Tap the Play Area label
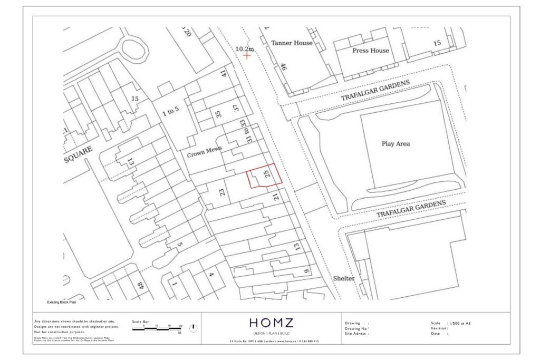click(396, 143)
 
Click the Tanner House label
click(292, 43)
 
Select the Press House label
click(371, 51)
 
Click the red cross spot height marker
click(246, 55)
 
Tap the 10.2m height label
click(244, 49)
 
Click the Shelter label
click(343, 278)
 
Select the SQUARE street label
click(78, 154)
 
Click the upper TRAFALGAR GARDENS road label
click(375, 91)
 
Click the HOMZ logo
click(271, 323)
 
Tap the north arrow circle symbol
click(193, 328)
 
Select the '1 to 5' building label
click(170, 113)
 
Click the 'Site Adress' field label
click(356, 334)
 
